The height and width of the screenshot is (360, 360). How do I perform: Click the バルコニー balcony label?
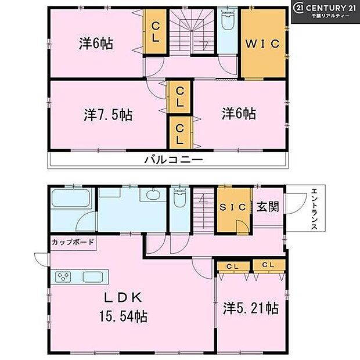point(174,160)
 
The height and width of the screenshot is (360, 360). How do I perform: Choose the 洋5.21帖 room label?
point(250,308)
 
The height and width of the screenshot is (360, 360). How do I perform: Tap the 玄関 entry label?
point(268,207)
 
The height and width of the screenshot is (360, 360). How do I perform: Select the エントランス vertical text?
point(314,210)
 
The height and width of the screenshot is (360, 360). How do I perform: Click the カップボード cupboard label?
point(73,242)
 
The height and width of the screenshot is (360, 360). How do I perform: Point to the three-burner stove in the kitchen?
point(63,277)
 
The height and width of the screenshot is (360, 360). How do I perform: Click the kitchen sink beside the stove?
point(92,277)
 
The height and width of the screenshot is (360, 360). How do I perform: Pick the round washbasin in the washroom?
point(153,196)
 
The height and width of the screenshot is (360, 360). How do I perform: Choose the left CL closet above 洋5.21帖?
point(233,266)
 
